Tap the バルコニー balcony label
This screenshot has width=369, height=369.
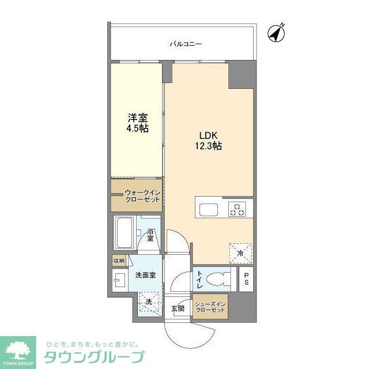[186, 44]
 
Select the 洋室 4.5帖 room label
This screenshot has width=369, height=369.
[138, 123]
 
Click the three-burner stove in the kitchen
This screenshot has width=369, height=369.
[236, 209]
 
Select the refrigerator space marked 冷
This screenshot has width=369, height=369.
[240, 253]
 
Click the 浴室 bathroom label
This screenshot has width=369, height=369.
[150, 235]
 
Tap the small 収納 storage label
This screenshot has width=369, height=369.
[119, 261]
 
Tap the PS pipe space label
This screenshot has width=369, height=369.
[246, 278]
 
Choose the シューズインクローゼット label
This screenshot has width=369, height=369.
[210, 306]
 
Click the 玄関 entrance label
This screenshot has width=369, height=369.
[177, 308]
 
